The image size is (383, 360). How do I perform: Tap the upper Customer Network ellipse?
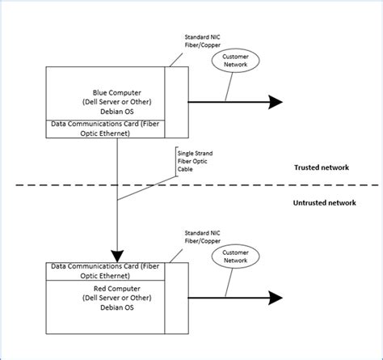click(238, 61)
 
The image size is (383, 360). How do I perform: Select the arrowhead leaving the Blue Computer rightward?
click(275, 102)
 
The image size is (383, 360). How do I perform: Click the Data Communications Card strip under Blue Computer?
click(103, 126)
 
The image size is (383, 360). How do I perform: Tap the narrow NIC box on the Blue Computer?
click(175, 102)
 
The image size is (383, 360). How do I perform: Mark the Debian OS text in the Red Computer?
click(104, 307)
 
